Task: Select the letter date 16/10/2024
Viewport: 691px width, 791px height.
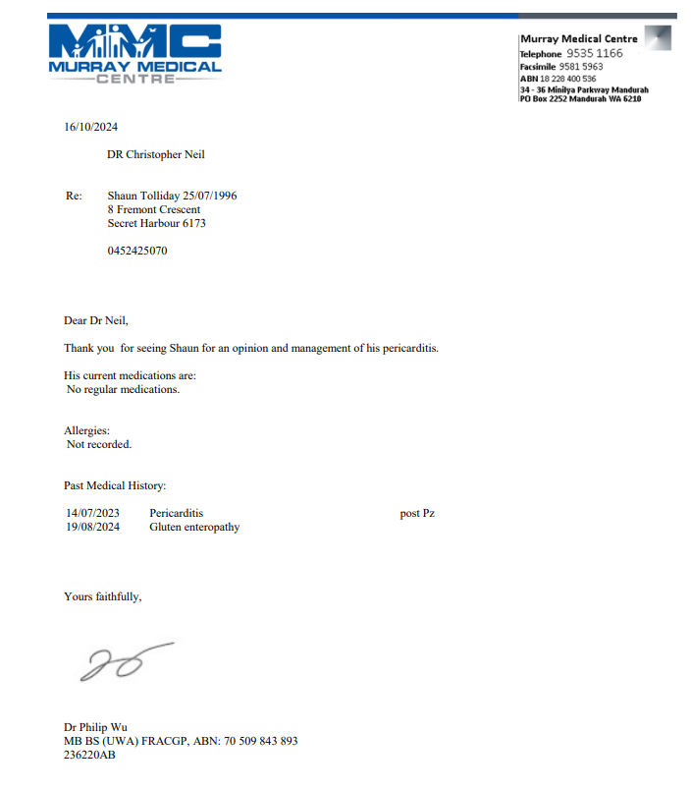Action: [91, 127]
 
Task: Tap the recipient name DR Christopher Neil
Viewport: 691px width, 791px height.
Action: [156, 154]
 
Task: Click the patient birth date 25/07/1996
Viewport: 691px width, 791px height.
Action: [210, 196]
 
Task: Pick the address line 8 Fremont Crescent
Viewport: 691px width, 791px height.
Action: [154, 209]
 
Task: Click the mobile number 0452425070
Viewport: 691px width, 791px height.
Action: [137, 251]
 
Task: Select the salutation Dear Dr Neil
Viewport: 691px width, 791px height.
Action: [96, 319]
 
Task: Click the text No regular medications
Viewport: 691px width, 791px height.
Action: [124, 389]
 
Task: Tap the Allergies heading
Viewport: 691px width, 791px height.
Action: [87, 430]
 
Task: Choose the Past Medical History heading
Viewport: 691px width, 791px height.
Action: [115, 485]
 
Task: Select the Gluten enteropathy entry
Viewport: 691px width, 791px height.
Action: [194, 527]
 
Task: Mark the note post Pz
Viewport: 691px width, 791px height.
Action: [417, 513]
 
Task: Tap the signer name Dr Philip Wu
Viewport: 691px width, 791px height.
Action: [95, 727]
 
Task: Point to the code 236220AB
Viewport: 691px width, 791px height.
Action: [89, 755]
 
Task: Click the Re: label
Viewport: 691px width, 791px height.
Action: [74, 196]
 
